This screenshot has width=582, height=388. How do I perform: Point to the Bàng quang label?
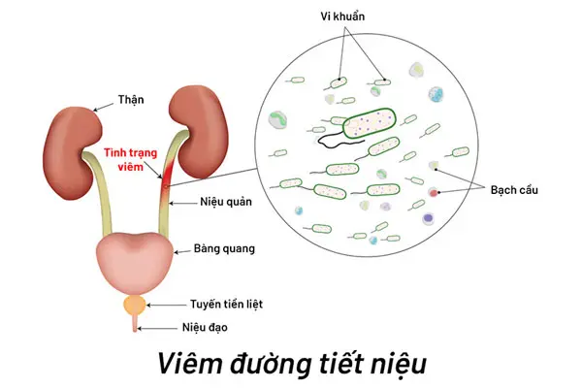coord(211,249)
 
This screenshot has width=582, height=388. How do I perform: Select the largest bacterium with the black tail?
coord(370,121)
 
